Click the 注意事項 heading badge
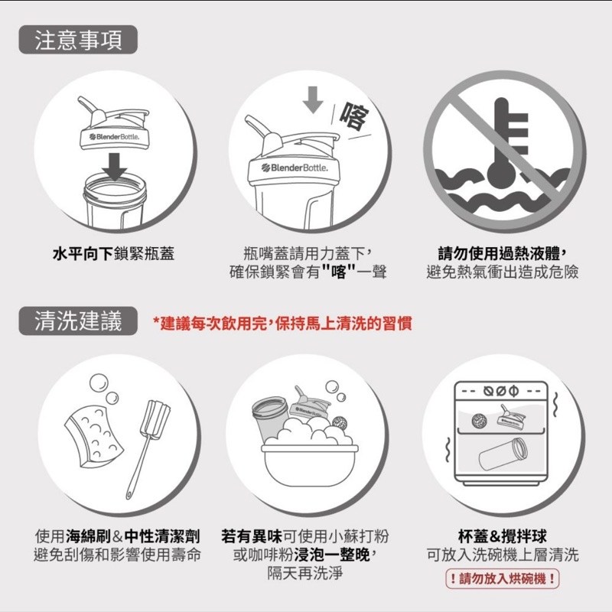pos(78,40)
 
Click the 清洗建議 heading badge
pos(78,321)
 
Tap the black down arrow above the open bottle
pos(114,167)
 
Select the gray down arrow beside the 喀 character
pos(313,100)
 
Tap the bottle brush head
pos(155,418)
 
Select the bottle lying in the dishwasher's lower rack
pos(503,454)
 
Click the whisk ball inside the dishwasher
pos(479,420)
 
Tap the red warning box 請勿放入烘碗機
pos(503,578)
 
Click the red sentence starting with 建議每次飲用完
pos(282,324)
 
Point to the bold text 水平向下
pos(83,254)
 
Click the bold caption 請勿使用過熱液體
pos(503,253)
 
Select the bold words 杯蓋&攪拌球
pos(503,536)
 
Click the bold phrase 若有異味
pos(252,536)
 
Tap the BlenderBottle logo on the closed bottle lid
pos(295,168)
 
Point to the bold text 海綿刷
pos(89,536)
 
